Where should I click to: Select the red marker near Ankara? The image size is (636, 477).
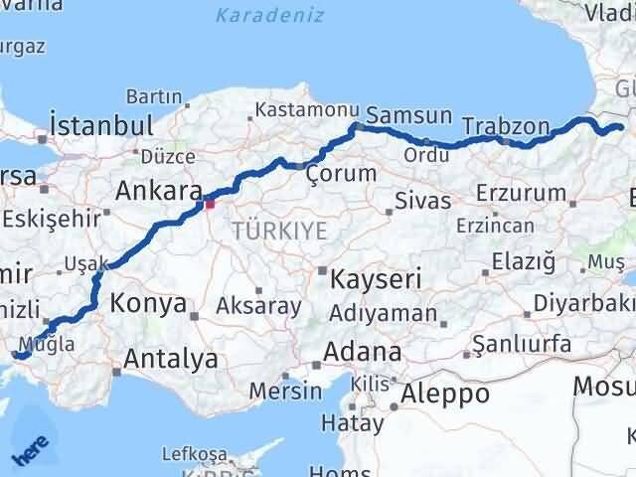[209, 205]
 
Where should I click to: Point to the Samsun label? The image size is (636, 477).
[409, 115]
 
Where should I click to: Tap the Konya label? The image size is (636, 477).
[148, 303]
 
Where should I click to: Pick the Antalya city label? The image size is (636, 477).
[170, 358]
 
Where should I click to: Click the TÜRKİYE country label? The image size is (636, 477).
[279, 231]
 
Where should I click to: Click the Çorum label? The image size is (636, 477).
[341, 173]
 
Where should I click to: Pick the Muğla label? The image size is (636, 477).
[53, 345]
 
